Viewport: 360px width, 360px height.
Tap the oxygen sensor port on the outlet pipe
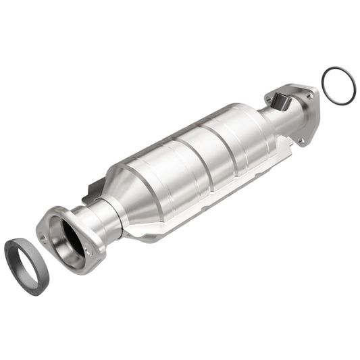[278, 101]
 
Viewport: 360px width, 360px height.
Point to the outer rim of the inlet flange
[64, 260]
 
